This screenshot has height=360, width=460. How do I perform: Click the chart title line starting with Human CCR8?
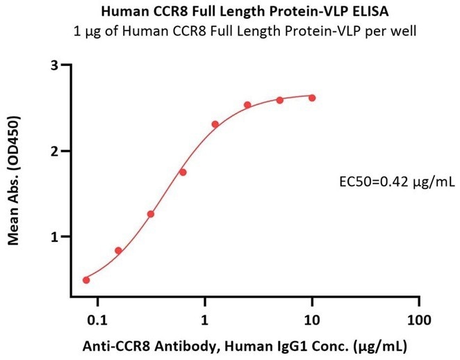click(x=230, y=12)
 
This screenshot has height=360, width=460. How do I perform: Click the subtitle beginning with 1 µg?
click(x=230, y=31)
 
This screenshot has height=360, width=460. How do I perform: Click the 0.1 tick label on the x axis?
click(x=97, y=321)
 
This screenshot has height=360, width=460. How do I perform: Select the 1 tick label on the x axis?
click(x=205, y=321)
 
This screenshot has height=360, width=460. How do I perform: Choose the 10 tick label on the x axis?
click(x=312, y=321)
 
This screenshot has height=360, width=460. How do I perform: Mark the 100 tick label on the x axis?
click(x=418, y=321)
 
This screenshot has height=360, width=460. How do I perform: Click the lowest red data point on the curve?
click(x=86, y=280)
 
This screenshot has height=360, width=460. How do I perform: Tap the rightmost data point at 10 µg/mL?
click(x=312, y=98)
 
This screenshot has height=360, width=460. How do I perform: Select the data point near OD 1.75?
click(x=183, y=172)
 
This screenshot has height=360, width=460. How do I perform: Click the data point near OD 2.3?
click(x=215, y=124)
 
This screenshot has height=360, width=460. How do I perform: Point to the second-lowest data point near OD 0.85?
click(x=118, y=250)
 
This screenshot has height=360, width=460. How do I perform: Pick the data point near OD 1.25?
click(x=151, y=214)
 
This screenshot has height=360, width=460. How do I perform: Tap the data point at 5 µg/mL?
click(x=280, y=100)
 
